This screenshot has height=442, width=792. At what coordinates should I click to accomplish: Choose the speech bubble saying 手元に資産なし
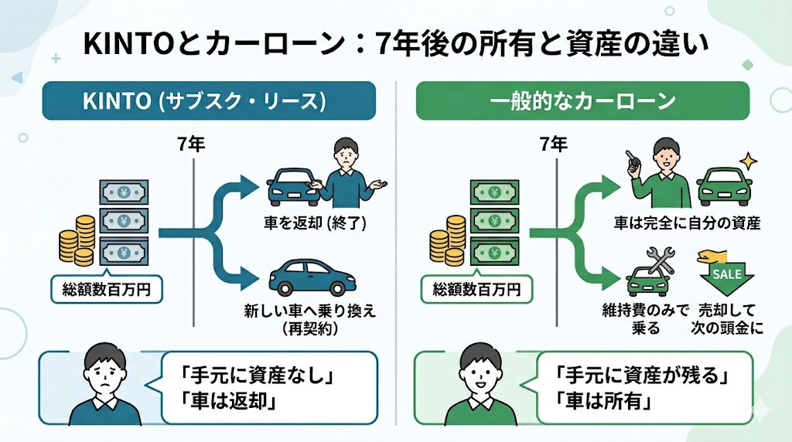pos(268,387)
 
